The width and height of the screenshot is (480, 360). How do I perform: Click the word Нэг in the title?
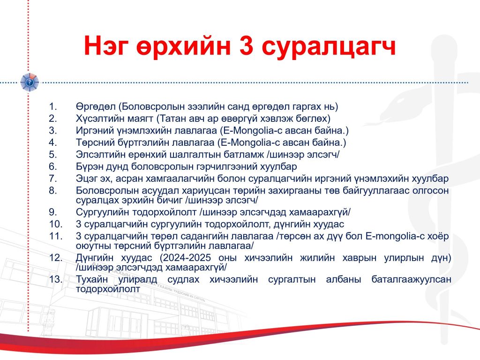[x=106, y=46]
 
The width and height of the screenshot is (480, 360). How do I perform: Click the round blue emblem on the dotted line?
[x=30, y=82]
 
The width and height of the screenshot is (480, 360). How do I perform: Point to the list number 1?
[x=53, y=106]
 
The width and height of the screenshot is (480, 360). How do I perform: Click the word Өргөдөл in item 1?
[x=96, y=107]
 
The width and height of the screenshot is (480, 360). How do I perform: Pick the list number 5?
[x=53, y=155]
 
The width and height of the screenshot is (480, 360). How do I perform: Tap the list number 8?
[x=53, y=191]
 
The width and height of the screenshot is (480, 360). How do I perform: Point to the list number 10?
[x=56, y=224]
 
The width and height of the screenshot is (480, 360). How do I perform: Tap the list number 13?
[x=56, y=279]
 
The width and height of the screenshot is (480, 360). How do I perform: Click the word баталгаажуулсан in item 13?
[x=412, y=279]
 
